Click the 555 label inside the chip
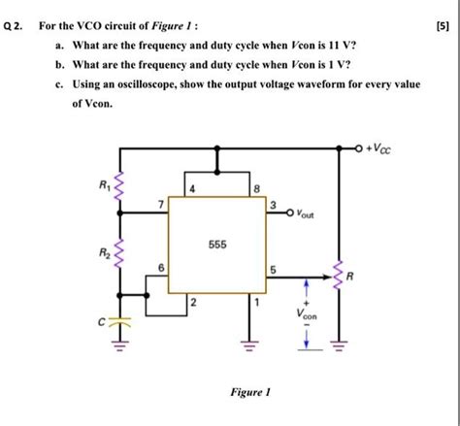tap(216, 246)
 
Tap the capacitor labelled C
tap(119, 321)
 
